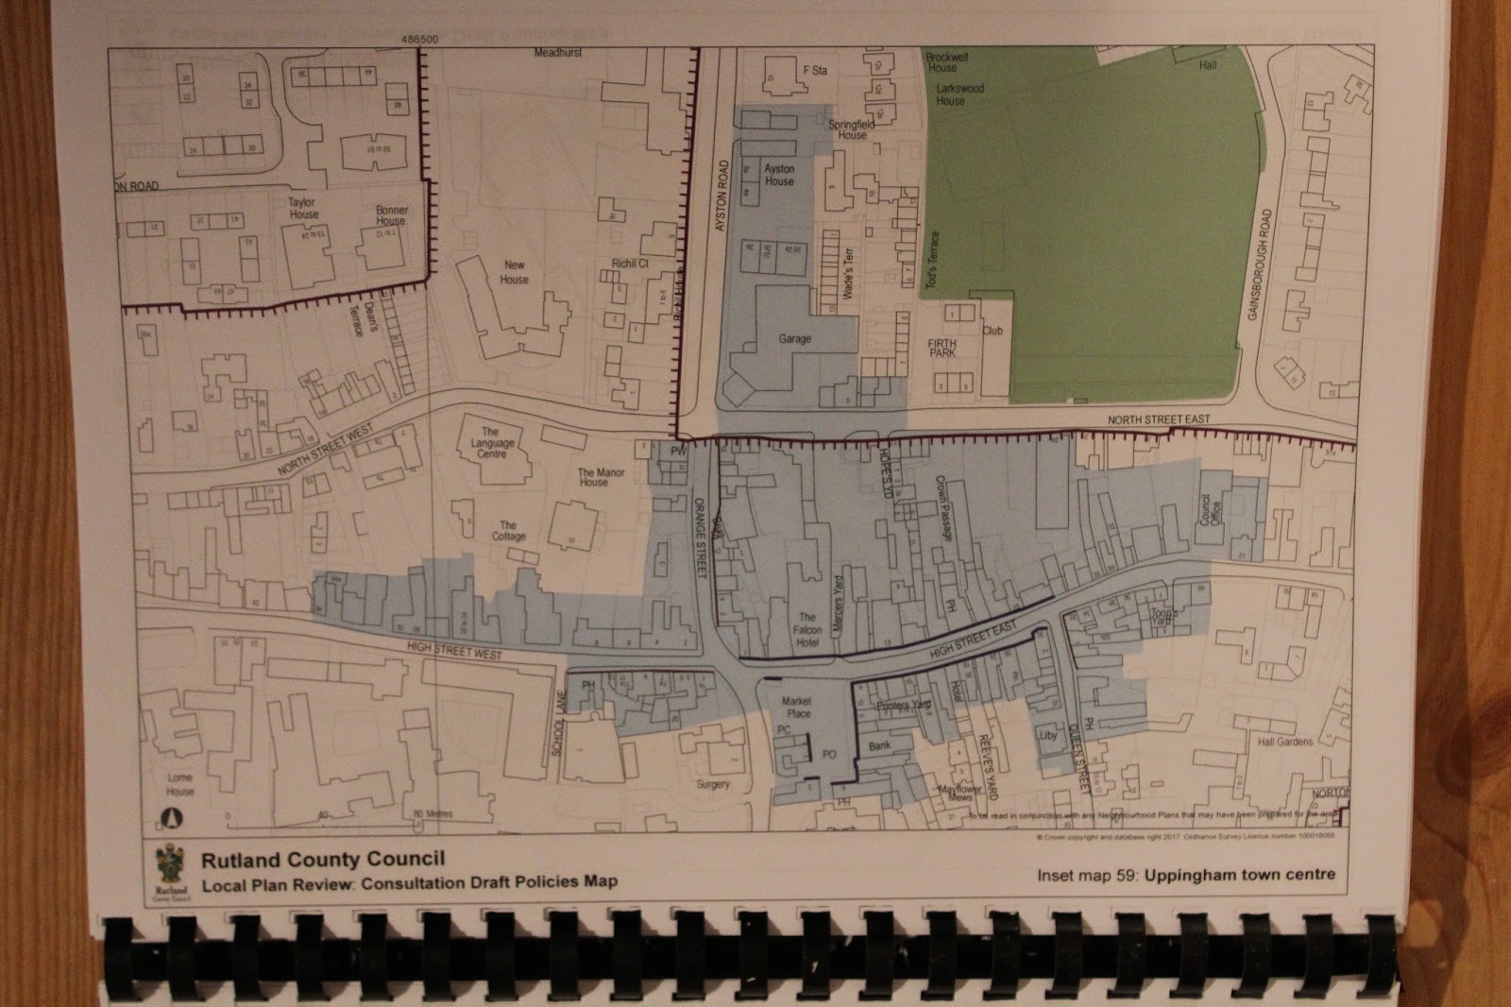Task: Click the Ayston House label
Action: pyautogui.click(x=779, y=175)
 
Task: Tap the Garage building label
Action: pyautogui.click(x=794, y=339)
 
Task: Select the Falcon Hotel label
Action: pyautogui.click(x=807, y=630)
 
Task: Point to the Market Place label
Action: pyautogui.click(x=798, y=708)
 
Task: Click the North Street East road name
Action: pyautogui.click(x=1158, y=419)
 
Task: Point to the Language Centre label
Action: pyautogui.click(x=493, y=443)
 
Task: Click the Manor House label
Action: pyautogui.click(x=594, y=477)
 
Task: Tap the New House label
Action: pyautogui.click(x=515, y=272)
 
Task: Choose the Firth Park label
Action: pyautogui.click(x=942, y=349)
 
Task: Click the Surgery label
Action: pyautogui.click(x=713, y=785)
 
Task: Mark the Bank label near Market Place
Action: pyautogui.click(x=879, y=746)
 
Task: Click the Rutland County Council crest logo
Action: pyautogui.click(x=172, y=870)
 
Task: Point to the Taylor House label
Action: pyautogui.click(x=304, y=208)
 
